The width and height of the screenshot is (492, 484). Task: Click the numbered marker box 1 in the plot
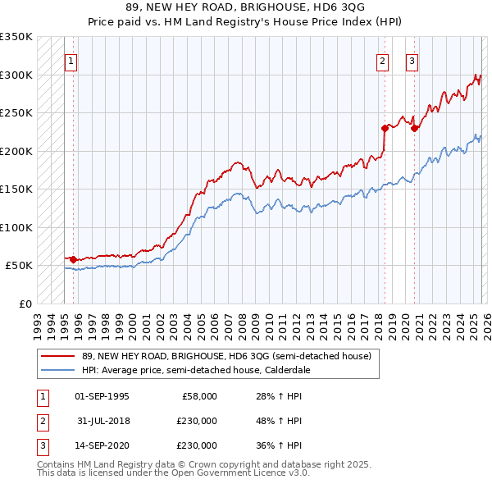tap(71, 61)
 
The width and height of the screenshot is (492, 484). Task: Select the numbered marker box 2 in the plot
tap(383, 61)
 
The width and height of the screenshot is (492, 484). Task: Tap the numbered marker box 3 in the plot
tap(412, 61)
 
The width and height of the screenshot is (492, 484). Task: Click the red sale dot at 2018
tap(385, 128)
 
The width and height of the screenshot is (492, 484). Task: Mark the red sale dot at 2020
tap(414, 128)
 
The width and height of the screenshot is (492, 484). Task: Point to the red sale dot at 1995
tap(74, 259)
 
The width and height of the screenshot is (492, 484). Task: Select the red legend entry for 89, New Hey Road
tap(226, 356)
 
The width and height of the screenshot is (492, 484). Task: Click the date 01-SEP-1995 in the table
tap(102, 396)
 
